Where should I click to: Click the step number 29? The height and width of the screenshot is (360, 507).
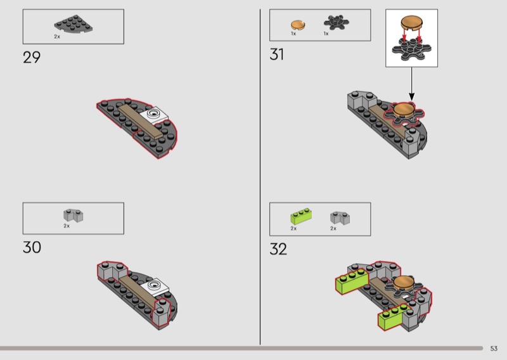pyautogui.click(x=32, y=57)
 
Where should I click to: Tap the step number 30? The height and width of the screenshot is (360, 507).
pyautogui.click(x=32, y=247)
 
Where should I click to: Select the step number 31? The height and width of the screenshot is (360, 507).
pyautogui.click(x=277, y=55)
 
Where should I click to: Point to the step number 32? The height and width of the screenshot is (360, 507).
pyautogui.click(x=278, y=249)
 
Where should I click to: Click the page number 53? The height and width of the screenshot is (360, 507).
pyautogui.click(x=494, y=349)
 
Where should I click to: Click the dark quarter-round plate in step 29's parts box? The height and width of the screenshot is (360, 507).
pyautogui.click(x=74, y=23)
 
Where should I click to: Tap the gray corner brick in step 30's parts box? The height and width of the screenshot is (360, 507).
pyautogui.click(x=73, y=215)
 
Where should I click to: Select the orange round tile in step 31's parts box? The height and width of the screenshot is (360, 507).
pyautogui.click(x=298, y=25)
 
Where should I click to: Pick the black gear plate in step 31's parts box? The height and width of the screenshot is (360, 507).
pyautogui.click(x=337, y=22)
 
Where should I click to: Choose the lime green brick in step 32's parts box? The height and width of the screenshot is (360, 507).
pyautogui.click(x=301, y=216)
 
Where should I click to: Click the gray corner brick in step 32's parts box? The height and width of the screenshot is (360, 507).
pyautogui.click(x=340, y=218)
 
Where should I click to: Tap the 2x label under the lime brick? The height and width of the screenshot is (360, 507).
pyautogui.click(x=293, y=228)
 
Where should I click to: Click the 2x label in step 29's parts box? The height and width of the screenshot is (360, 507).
pyautogui.click(x=57, y=37)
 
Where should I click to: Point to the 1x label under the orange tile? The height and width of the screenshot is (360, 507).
pyautogui.click(x=293, y=34)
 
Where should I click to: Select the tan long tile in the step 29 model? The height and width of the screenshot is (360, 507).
pyautogui.click(x=140, y=122)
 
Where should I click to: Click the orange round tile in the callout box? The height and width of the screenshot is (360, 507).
pyautogui.click(x=411, y=23)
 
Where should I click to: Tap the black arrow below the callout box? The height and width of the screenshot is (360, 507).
pyautogui.click(x=411, y=84)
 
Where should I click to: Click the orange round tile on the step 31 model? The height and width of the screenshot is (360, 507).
pyautogui.click(x=404, y=110)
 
